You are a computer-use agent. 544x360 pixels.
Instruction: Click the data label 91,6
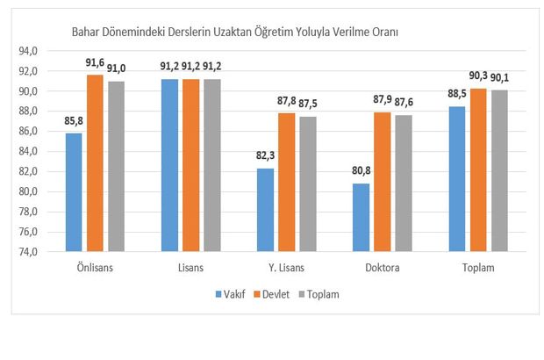tap(94, 64)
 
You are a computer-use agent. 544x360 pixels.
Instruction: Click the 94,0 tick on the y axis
tap(51, 51)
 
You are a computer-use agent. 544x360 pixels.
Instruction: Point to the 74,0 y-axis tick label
tap(51, 252)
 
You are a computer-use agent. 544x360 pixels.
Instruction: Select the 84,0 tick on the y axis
tap(51, 151)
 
